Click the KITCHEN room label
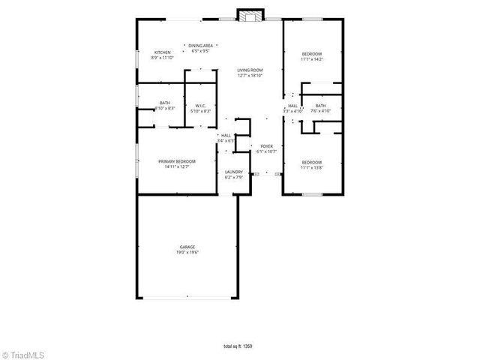[x=161, y=52]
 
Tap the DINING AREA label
[x=200, y=46]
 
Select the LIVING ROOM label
[x=250, y=70]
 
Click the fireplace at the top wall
[x=250, y=15]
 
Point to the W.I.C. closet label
[x=199, y=106]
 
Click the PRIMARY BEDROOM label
[x=176, y=161]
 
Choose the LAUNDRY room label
[x=234, y=172]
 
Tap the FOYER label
[x=266, y=146]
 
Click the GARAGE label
[x=187, y=247]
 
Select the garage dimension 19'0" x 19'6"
[x=187, y=252]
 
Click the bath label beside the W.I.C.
[x=165, y=103]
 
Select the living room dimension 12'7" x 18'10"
[x=250, y=75]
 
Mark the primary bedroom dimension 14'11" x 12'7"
[x=176, y=166]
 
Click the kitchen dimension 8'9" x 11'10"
[x=161, y=57]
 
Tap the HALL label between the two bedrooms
[x=292, y=106]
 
